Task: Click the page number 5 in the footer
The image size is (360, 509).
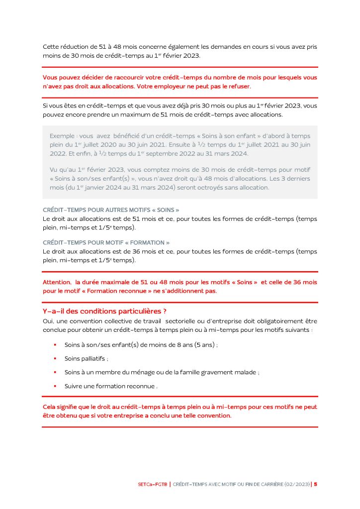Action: pos(315,484)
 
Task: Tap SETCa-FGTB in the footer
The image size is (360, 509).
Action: pos(153,484)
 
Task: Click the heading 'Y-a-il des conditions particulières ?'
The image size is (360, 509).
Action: pos(104,311)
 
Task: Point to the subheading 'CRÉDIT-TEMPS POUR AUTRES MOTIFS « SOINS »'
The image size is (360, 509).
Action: pos(111,210)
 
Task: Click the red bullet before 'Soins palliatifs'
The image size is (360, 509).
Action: pos(55,358)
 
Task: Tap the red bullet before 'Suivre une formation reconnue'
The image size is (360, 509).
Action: pos(55,386)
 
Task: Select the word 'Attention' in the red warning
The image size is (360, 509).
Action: pos(57,282)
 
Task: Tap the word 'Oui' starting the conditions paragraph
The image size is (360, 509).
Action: pos(48,321)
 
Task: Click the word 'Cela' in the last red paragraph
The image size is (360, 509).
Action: pos(50,407)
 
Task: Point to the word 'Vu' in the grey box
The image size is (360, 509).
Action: pos(54,170)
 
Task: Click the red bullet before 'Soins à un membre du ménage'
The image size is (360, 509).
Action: pos(55,372)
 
